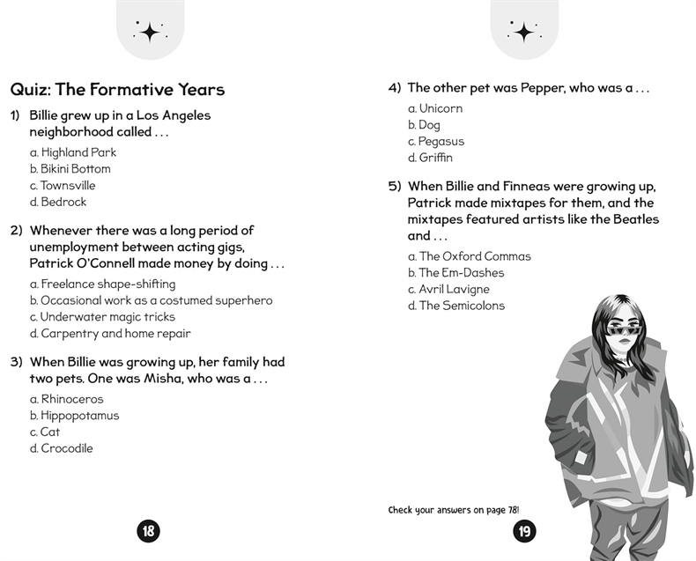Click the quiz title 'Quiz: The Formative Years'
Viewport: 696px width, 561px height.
(x=117, y=90)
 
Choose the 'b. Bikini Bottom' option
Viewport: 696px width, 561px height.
(x=70, y=169)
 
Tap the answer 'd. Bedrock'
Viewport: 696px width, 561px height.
(x=58, y=202)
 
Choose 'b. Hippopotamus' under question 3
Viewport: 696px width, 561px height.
(x=74, y=416)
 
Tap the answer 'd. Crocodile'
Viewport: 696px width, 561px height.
(x=61, y=448)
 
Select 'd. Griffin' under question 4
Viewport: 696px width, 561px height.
(x=430, y=158)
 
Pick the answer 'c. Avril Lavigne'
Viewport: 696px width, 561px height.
(x=448, y=289)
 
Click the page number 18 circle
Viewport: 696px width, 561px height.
(x=148, y=530)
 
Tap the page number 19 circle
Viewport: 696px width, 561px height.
(x=524, y=530)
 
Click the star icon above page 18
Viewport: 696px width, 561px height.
(x=150, y=33)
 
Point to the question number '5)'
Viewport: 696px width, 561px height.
(x=395, y=187)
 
